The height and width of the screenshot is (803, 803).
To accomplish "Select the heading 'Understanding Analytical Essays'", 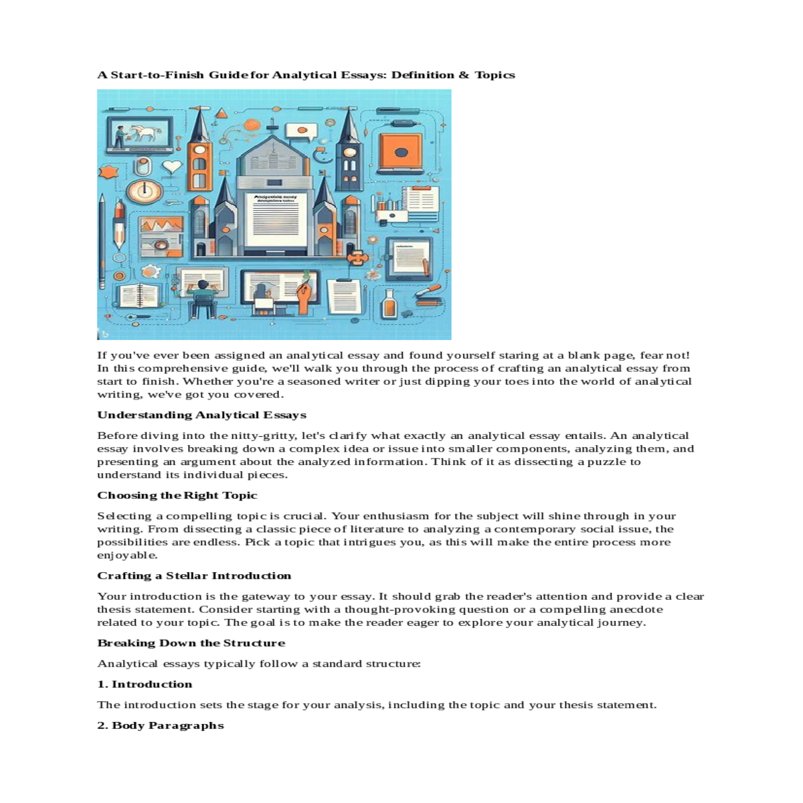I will [x=201, y=415].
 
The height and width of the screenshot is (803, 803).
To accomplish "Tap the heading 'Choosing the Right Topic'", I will [x=177, y=495].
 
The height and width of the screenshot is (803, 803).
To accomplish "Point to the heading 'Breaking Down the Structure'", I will [x=191, y=643].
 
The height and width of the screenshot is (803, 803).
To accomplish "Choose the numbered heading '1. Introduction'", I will [x=145, y=684].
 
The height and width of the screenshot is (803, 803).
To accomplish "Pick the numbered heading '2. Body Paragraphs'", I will [x=161, y=725].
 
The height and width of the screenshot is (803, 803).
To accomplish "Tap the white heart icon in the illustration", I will [x=172, y=166].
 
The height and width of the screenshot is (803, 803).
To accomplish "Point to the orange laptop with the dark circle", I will [x=400, y=153].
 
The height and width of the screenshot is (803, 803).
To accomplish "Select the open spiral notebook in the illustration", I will [x=139, y=295].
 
